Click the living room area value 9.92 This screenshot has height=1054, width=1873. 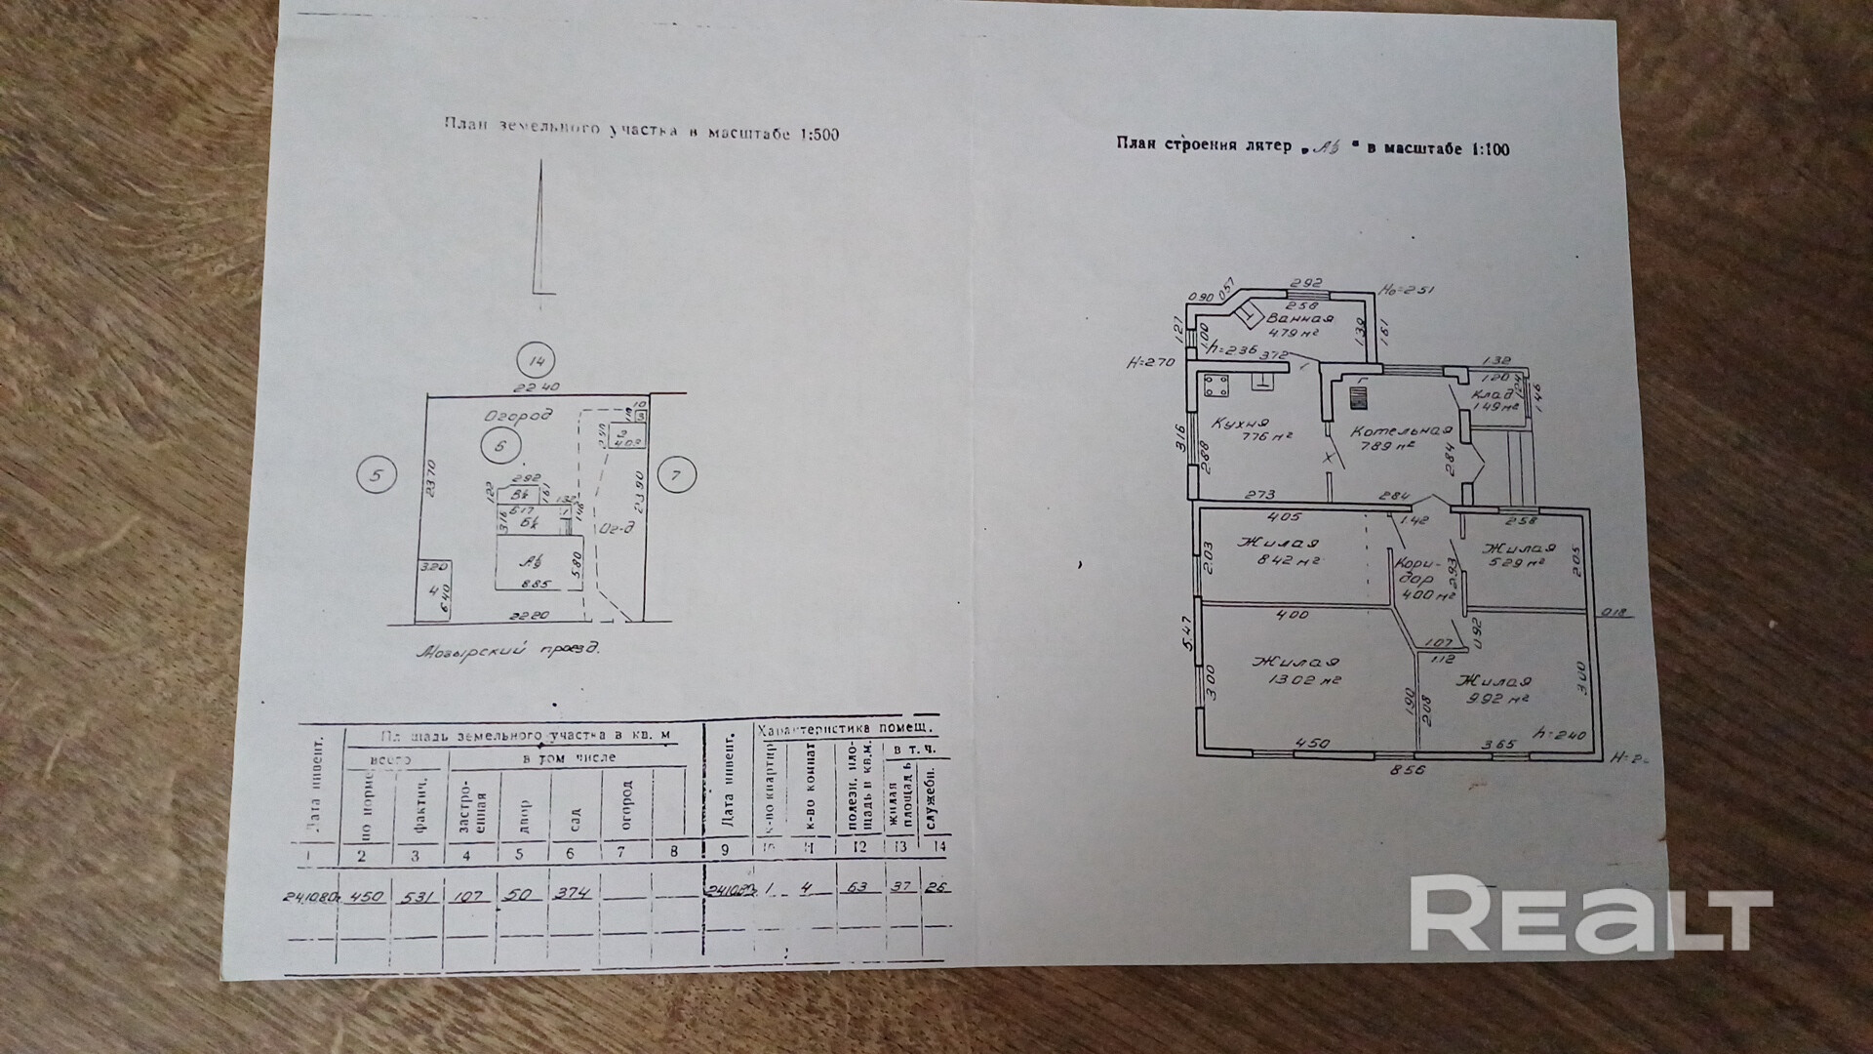1484,699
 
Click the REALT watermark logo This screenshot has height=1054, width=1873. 1590,912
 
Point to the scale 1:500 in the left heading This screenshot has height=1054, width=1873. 812,135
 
